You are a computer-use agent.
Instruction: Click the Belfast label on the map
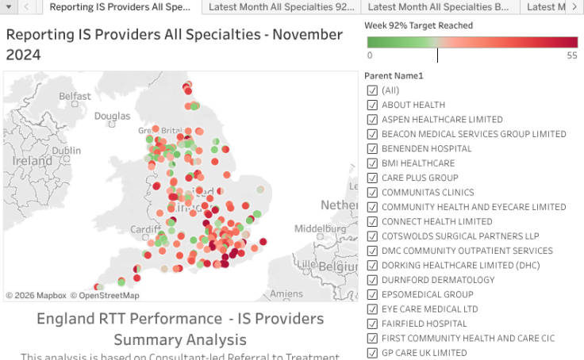[75, 96]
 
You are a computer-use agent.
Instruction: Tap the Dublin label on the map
[67, 151]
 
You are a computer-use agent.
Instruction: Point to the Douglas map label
[112, 116]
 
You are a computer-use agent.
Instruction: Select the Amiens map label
[286, 293]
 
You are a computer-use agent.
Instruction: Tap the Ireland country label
[33, 160]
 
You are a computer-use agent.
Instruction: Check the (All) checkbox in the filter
[372, 90]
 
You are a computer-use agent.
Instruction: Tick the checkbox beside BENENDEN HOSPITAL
[372, 149]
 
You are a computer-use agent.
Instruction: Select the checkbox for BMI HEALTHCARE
[372, 163]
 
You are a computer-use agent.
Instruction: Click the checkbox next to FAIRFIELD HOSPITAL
[372, 324]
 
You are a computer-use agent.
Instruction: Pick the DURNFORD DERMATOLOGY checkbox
[372, 280]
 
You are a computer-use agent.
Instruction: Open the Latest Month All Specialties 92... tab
[282, 7]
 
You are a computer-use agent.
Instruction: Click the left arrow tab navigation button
[27, 7]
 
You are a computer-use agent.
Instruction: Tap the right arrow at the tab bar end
[574, 7]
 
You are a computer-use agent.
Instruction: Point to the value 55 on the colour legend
[571, 56]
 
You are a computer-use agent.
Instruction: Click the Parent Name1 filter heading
[394, 76]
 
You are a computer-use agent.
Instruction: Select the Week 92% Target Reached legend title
[418, 25]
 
